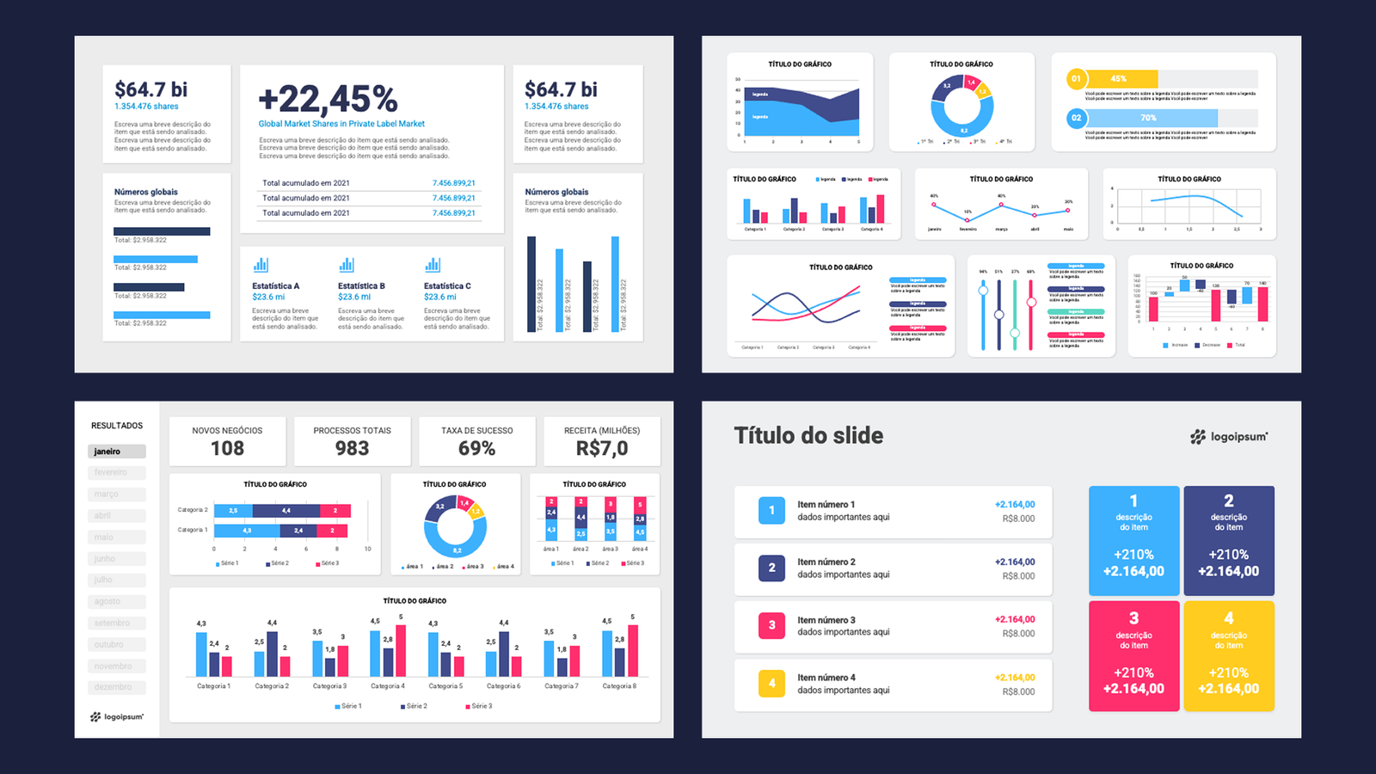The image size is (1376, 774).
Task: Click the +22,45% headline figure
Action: point(328,99)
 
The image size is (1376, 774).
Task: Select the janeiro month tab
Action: point(116,451)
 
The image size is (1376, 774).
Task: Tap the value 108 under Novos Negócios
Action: point(227,448)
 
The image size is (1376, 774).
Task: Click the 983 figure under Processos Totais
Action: point(352,448)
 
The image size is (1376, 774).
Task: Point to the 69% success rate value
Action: point(476,448)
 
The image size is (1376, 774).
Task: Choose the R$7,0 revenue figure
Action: point(602,448)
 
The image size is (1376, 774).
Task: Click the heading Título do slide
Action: point(808,435)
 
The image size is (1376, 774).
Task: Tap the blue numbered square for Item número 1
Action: point(771,511)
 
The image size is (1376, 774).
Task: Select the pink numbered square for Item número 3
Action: point(771,625)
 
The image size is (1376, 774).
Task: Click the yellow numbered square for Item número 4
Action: point(771,683)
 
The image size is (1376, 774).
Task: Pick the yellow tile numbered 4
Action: point(1228,655)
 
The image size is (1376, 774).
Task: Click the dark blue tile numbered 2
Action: point(1228,541)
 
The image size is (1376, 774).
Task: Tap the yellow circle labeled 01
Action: point(1076,79)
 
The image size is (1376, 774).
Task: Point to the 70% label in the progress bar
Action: point(1148,118)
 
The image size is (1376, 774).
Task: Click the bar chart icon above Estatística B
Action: point(347,265)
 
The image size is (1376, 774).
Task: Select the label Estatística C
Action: point(447,286)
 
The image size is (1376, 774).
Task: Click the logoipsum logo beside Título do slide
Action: point(1229,437)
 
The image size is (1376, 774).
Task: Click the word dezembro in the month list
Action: point(114,687)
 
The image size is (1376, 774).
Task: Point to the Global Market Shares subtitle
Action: point(341,124)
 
